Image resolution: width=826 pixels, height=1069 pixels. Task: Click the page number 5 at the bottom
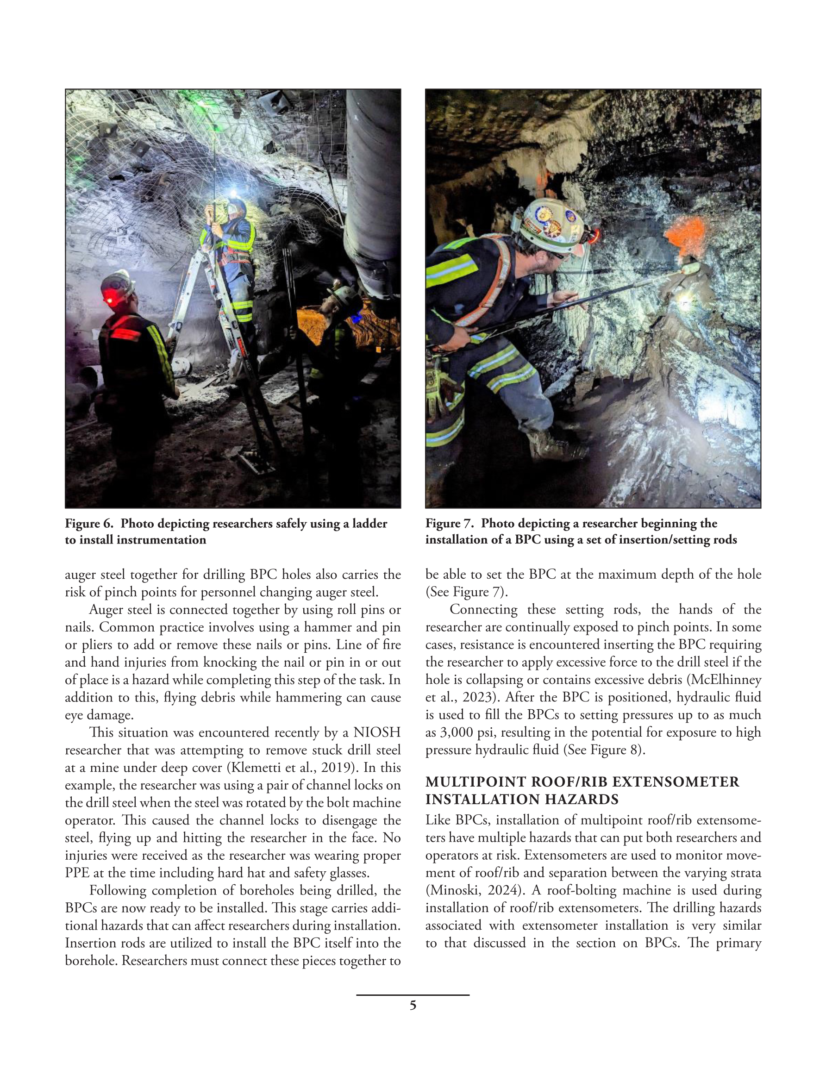tap(413, 1006)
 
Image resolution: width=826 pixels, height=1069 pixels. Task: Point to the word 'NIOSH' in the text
tap(376, 733)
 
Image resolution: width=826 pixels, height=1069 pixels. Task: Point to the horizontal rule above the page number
tap(413, 994)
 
